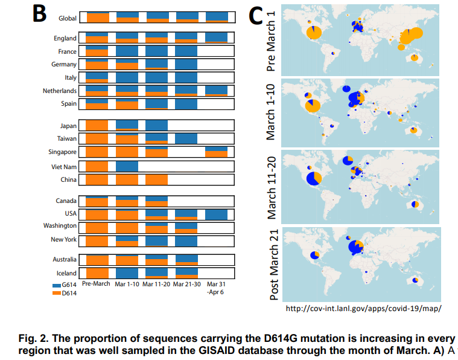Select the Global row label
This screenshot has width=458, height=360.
pyautogui.click(x=67, y=18)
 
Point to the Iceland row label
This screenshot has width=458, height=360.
pyautogui.click(x=66, y=273)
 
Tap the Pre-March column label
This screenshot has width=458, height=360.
pyautogui.click(x=97, y=284)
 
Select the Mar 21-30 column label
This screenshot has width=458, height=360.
pyautogui.click(x=186, y=284)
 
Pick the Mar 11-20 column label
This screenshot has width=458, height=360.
pyautogui.click(x=156, y=284)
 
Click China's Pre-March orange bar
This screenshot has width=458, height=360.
pyautogui.click(x=97, y=179)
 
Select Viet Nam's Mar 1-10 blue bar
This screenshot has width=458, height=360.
pyautogui.click(x=127, y=166)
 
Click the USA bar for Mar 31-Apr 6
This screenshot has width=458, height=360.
pyautogui.click(x=217, y=214)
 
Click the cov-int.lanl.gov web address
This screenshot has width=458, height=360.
pyautogui.click(x=363, y=309)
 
